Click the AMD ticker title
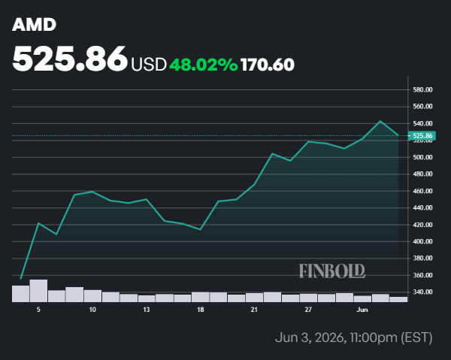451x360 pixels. pyautogui.click(x=34, y=25)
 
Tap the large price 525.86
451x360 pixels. pyautogui.click(x=70, y=59)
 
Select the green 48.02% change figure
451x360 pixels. pyautogui.click(x=204, y=65)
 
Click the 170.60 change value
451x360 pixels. pyautogui.click(x=268, y=65)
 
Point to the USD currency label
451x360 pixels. pyautogui.click(x=149, y=65)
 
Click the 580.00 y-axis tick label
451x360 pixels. pyautogui.click(x=422, y=89)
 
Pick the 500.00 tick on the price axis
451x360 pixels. pyautogui.click(x=422, y=157)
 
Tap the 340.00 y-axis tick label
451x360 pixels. pyautogui.click(x=422, y=292)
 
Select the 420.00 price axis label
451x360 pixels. pyautogui.click(x=422, y=225)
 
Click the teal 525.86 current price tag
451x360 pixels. pyautogui.click(x=422, y=135)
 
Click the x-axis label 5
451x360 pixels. pyautogui.click(x=38, y=310)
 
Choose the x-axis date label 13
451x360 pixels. pyautogui.click(x=147, y=310)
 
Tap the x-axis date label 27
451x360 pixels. pyautogui.click(x=308, y=310)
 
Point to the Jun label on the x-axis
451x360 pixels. pyautogui.click(x=362, y=310)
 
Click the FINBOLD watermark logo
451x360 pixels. pyautogui.click(x=332, y=271)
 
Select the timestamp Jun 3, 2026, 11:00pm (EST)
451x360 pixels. pyautogui.click(x=353, y=337)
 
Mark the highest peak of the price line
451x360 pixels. pyautogui.click(x=380, y=121)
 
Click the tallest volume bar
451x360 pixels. pyautogui.click(x=38, y=291)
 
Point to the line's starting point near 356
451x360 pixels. pyautogui.click(x=21, y=278)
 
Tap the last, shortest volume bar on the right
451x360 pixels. pyautogui.click(x=398, y=299)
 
